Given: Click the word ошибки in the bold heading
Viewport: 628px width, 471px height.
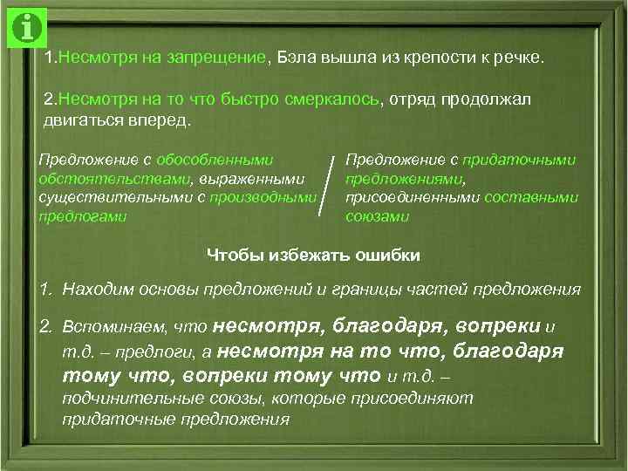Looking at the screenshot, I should (390, 256).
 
